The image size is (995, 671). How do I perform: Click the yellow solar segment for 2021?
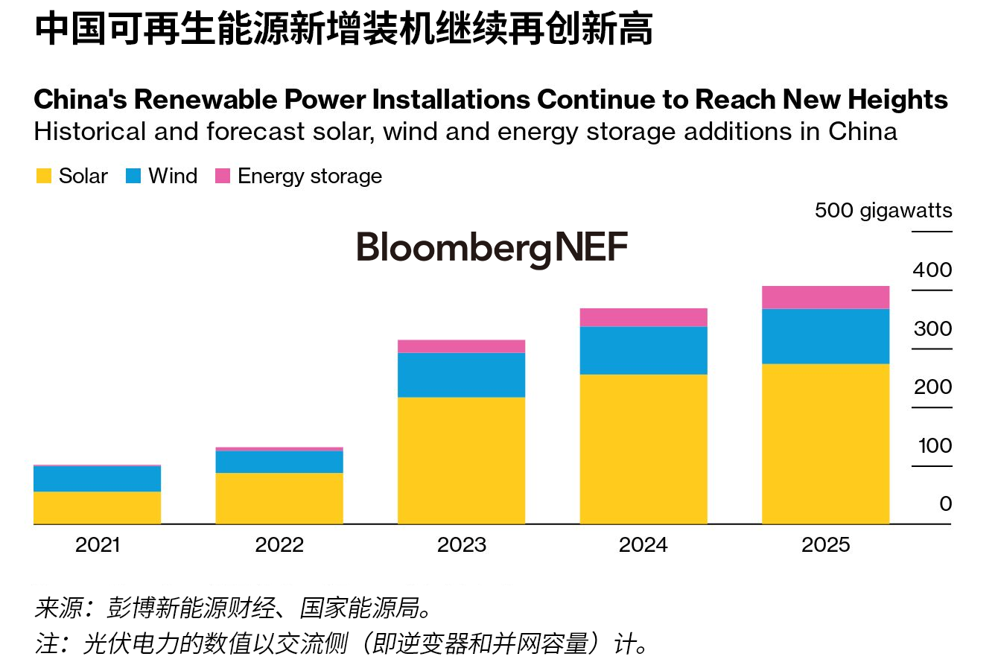[x=97, y=507]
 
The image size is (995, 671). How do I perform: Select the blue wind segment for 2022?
[x=279, y=462]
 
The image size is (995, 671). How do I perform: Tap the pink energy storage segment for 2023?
[x=461, y=346]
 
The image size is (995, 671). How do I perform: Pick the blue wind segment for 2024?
[x=643, y=350]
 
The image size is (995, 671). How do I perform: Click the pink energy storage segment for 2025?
[x=825, y=297]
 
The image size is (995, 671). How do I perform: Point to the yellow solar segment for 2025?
[x=825, y=443]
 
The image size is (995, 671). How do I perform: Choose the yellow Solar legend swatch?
[x=44, y=177]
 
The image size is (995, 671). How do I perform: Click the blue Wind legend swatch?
[x=133, y=177]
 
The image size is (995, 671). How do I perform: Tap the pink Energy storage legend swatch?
[x=223, y=177]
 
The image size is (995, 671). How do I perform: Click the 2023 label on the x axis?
[x=462, y=545]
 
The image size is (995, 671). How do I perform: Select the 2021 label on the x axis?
[x=98, y=545]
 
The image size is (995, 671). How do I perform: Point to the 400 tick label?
[x=932, y=270]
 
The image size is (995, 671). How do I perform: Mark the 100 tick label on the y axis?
[x=935, y=446]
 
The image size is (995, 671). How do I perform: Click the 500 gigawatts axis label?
[x=883, y=211]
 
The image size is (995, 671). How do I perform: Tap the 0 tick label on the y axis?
[x=945, y=504]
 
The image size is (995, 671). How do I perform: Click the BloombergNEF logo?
[x=492, y=248]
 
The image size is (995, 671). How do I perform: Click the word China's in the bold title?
[x=80, y=100]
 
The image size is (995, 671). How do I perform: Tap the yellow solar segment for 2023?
[x=461, y=460]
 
